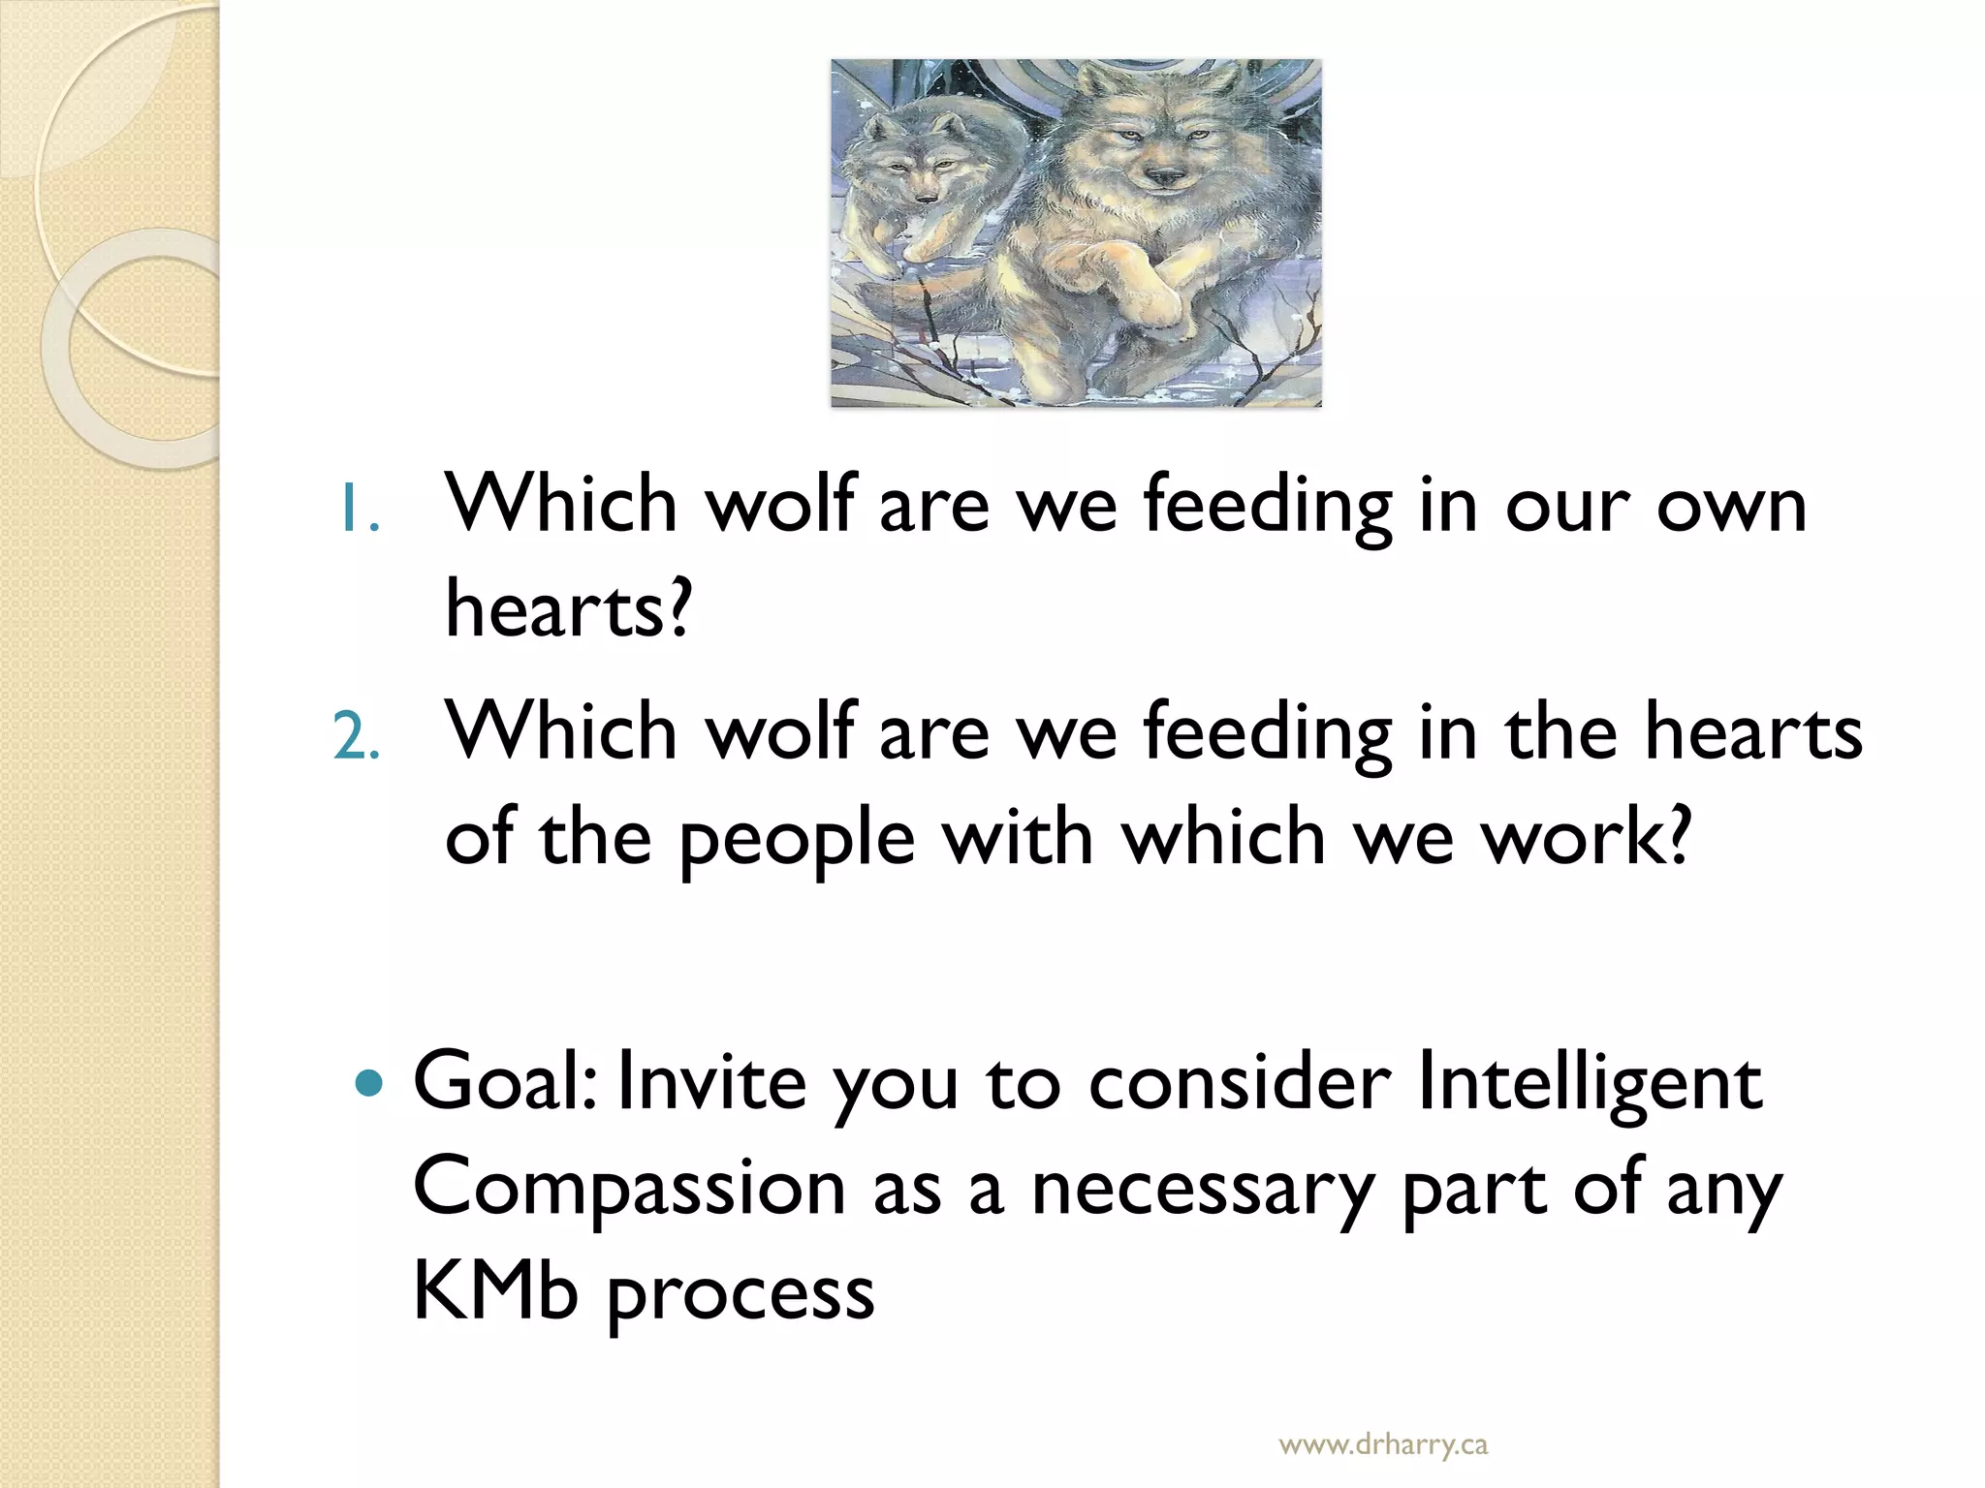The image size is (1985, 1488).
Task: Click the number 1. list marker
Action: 358,511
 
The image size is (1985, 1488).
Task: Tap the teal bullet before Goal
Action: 369,1082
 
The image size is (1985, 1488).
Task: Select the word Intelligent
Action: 1589,1082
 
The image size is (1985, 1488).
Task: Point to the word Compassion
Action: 629,1190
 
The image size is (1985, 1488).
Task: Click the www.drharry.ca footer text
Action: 1382,1445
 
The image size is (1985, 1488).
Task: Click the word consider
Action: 1240,1082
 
